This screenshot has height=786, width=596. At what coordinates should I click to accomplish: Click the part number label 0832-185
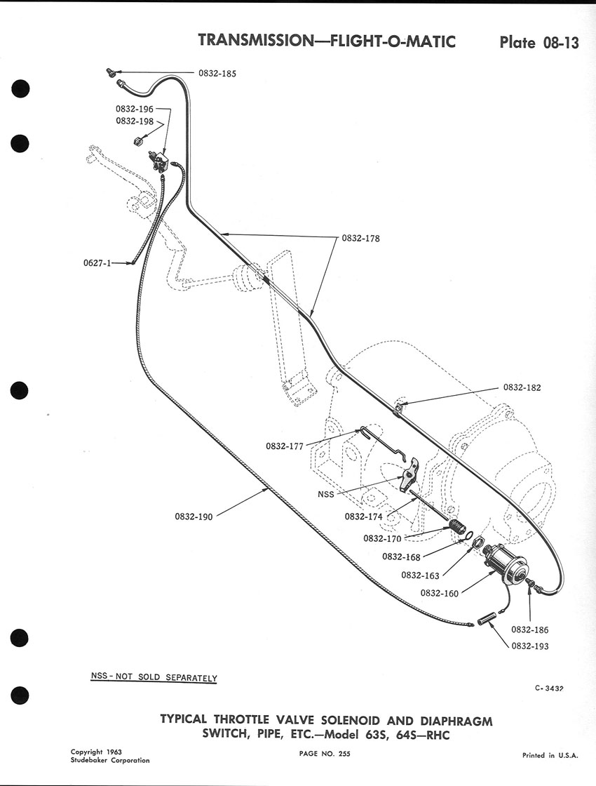pyautogui.click(x=217, y=73)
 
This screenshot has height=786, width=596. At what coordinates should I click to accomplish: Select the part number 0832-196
pyautogui.click(x=134, y=109)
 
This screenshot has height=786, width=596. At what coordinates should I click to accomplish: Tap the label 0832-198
pyautogui.click(x=134, y=121)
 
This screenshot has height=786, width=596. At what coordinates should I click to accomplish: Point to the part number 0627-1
pyautogui.click(x=97, y=262)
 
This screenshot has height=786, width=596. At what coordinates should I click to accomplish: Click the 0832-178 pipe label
pyautogui.click(x=360, y=239)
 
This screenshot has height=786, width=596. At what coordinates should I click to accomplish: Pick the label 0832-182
pyautogui.click(x=522, y=387)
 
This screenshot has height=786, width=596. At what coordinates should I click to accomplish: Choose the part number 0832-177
pyautogui.click(x=285, y=446)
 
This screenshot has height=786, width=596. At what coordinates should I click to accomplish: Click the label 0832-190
pyautogui.click(x=194, y=517)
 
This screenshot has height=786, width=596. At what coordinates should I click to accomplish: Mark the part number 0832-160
pyautogui.click(x=439, y=594)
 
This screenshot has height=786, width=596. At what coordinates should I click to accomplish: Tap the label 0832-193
pyautogui.click(x=530, y=646)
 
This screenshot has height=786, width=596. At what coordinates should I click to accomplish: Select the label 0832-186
pyautogui.click(x=530, y=630)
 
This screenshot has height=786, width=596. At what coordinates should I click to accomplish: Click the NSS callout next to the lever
pyautogui.click(x=325, y=494)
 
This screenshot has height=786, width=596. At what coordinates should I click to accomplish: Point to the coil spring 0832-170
pyautogui.click(x=456, y=528)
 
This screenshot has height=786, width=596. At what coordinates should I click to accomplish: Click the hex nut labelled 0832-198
pyautogui.click(x=137, y=141)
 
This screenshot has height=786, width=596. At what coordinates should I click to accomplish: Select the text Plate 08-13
pyautogui.click(x=539, y=43)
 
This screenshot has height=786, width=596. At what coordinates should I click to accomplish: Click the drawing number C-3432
pyautogui.click(x=549, y=688)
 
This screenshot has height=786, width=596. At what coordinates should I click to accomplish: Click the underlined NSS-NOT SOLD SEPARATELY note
pyautogui.click(x=154, y=677)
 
